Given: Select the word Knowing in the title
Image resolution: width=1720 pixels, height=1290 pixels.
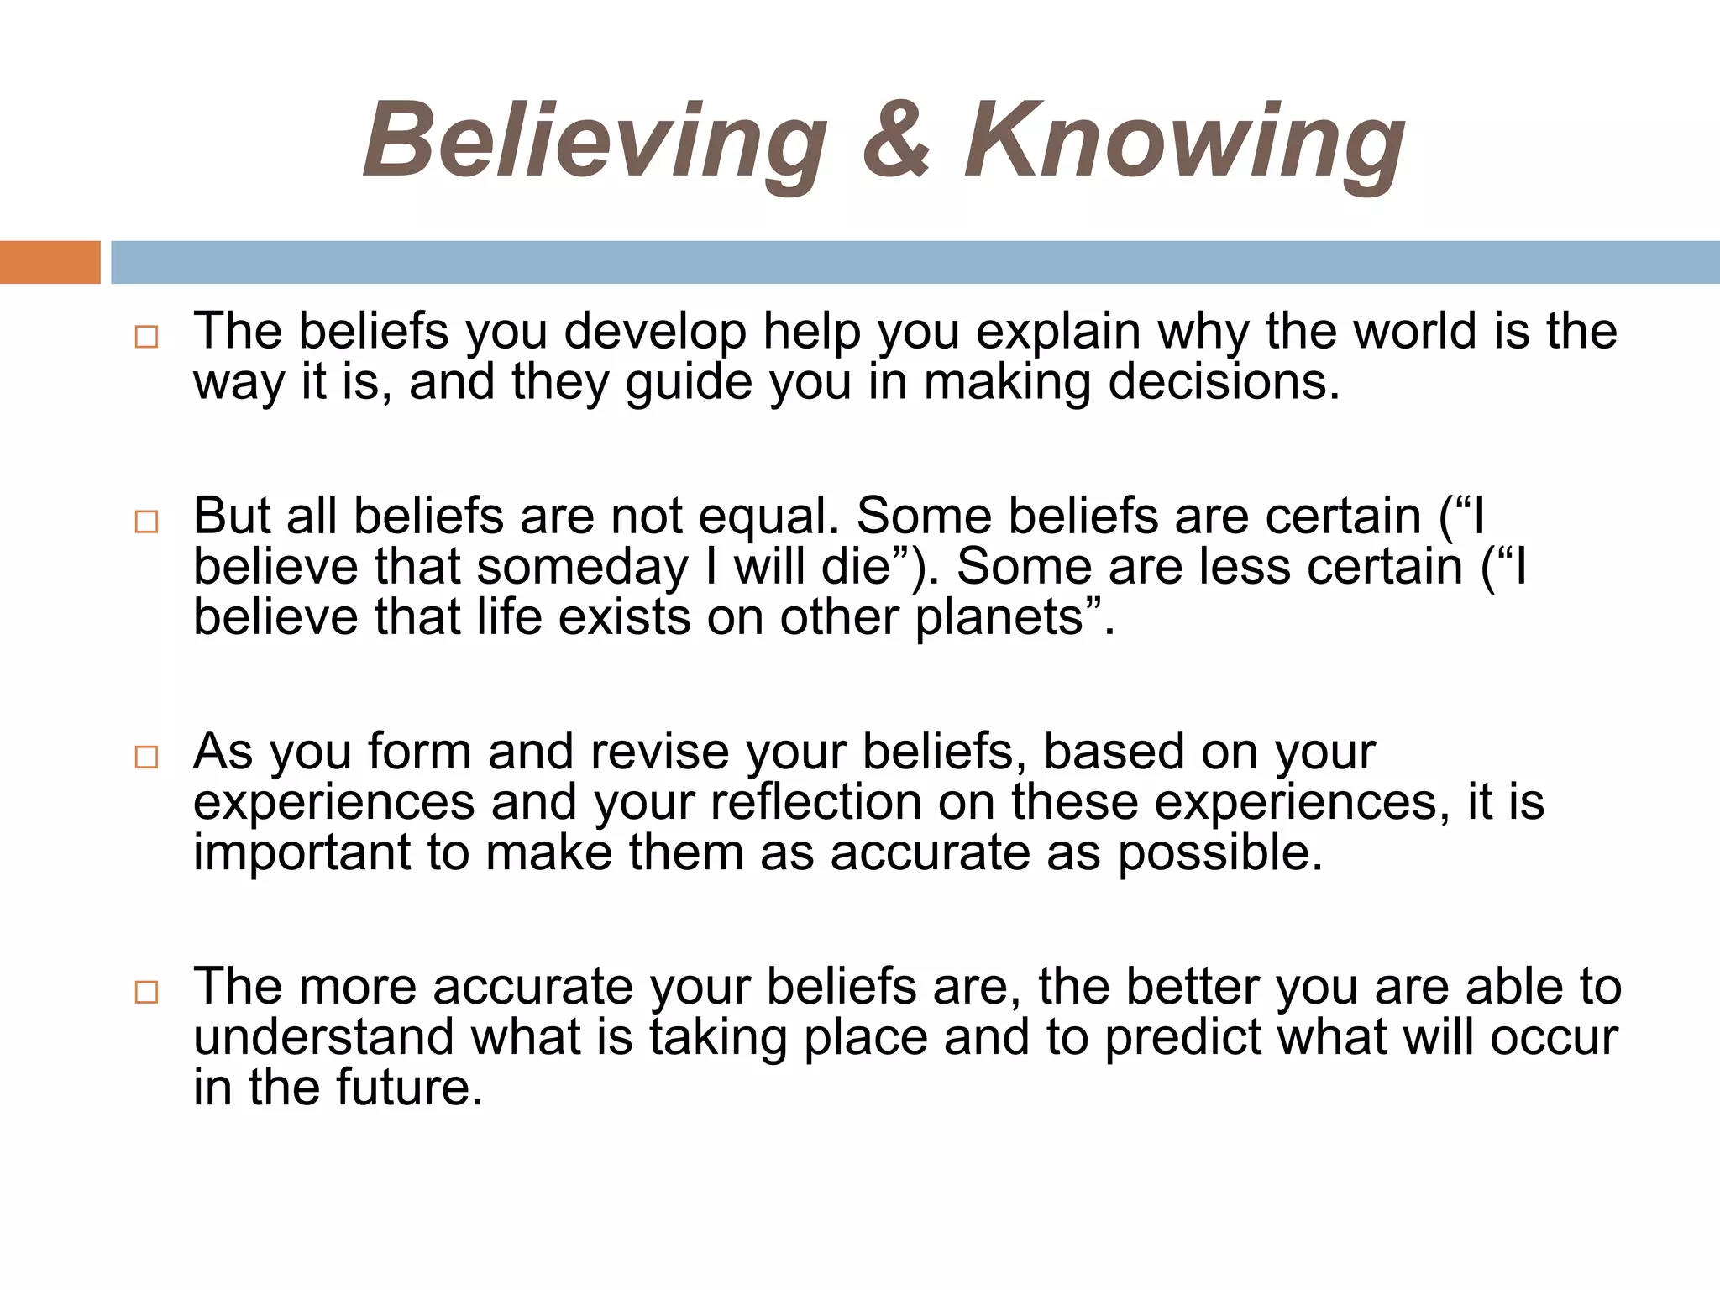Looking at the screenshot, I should [x=1184, y=140].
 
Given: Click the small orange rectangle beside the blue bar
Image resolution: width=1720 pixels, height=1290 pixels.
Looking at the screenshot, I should [x=50, y=262].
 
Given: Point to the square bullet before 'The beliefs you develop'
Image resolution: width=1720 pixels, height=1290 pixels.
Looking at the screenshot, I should [x=146, y=338].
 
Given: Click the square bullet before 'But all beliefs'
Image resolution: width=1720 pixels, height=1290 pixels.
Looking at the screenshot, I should [x=146, y=522].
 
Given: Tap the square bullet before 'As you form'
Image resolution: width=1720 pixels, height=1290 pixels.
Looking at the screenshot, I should [x=146, y=757].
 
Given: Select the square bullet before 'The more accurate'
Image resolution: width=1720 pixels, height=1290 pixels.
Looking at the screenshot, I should [x=146, y=992].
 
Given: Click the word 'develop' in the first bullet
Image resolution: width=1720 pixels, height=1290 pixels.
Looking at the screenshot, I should [x=655, y=332].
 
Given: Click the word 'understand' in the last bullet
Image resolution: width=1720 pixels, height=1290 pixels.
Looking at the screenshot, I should [x=324, y=1037].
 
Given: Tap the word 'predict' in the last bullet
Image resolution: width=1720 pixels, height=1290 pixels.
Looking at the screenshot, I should [x=1182, y=1037].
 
